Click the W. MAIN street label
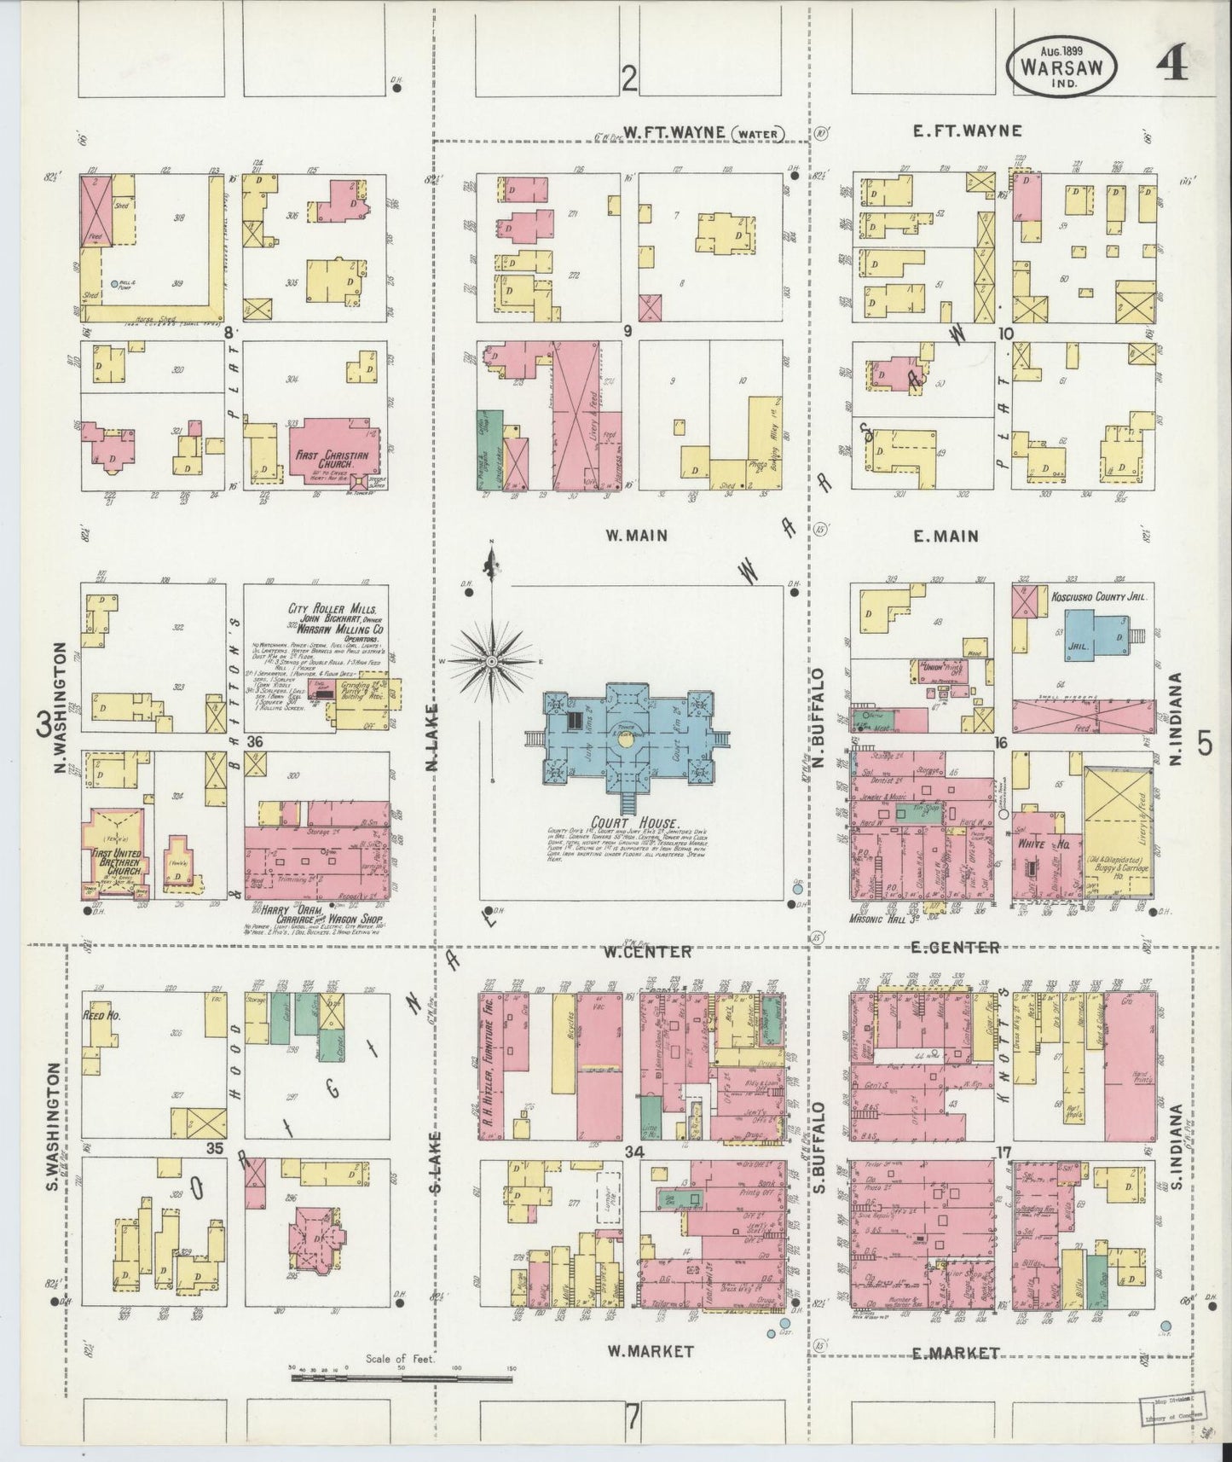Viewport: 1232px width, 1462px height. click(635, 536)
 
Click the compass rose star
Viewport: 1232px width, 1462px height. click(492, 661)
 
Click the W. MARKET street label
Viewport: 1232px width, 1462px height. click(651, 1351)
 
